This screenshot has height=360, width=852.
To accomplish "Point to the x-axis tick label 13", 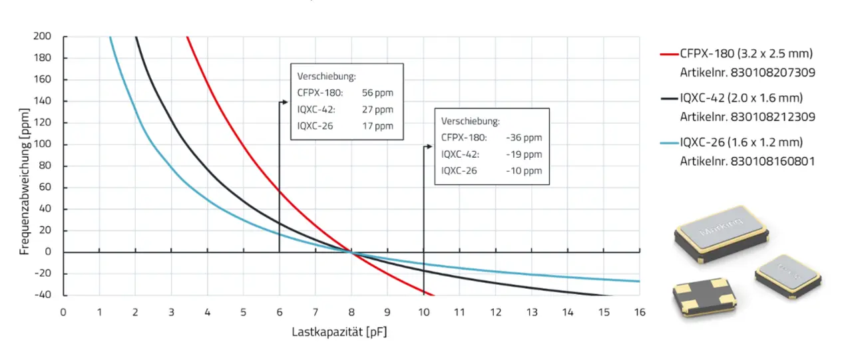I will [x=532, y=312].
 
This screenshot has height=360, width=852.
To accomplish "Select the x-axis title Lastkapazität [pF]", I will [x=339, y=331].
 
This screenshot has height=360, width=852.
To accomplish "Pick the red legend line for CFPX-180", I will [x=668, y=54].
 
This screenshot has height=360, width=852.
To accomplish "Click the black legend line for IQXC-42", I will [x=668, y=98].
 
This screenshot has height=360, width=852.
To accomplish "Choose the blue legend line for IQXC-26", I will [x=668, y=142].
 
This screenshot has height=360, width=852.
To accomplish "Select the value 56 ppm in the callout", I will [x=377, y=92].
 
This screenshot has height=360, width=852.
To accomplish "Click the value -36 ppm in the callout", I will [x=524, y=138].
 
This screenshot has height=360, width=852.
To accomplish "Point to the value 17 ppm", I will [x=377, y=126].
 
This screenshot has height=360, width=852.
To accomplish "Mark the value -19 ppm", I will [x=524, y=154].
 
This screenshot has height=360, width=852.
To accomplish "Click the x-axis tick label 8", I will [x=351, y=312].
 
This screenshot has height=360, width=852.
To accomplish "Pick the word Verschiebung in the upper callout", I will [x=326, y=76].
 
